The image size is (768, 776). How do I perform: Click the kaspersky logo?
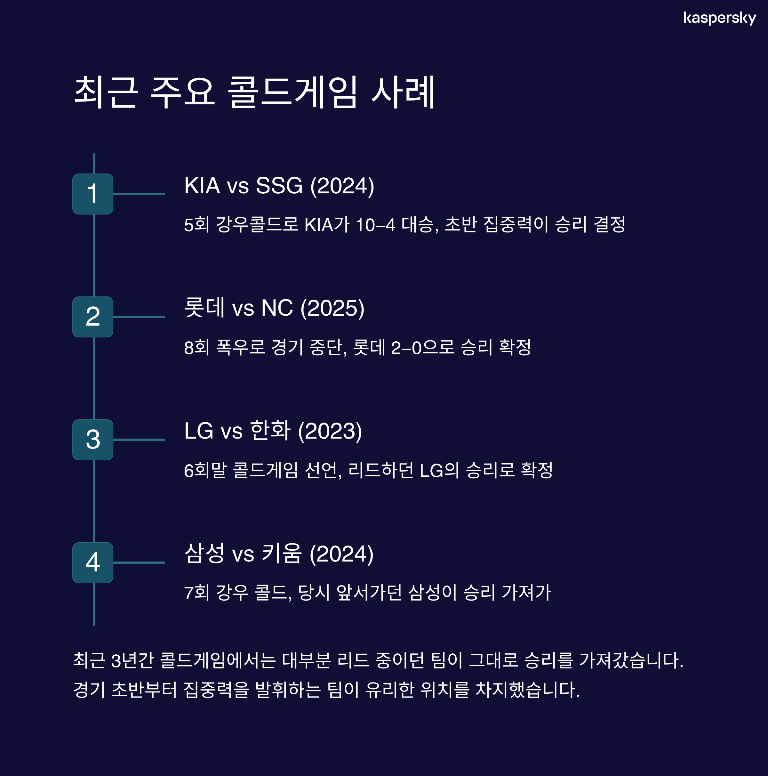pos(719,18)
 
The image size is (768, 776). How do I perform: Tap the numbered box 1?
pos(93,194)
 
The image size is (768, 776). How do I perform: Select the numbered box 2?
pos(93,317)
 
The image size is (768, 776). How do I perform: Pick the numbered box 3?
pos(93,440)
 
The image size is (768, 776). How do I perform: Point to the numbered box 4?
pos(93,563)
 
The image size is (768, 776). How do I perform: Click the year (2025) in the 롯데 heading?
pos(332,309)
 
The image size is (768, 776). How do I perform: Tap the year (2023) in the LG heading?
pos(330,432)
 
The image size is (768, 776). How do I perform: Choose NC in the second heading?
pos(277,309)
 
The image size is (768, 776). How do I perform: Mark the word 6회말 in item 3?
pos(205,470)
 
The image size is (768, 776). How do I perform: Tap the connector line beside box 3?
pos(139,440)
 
